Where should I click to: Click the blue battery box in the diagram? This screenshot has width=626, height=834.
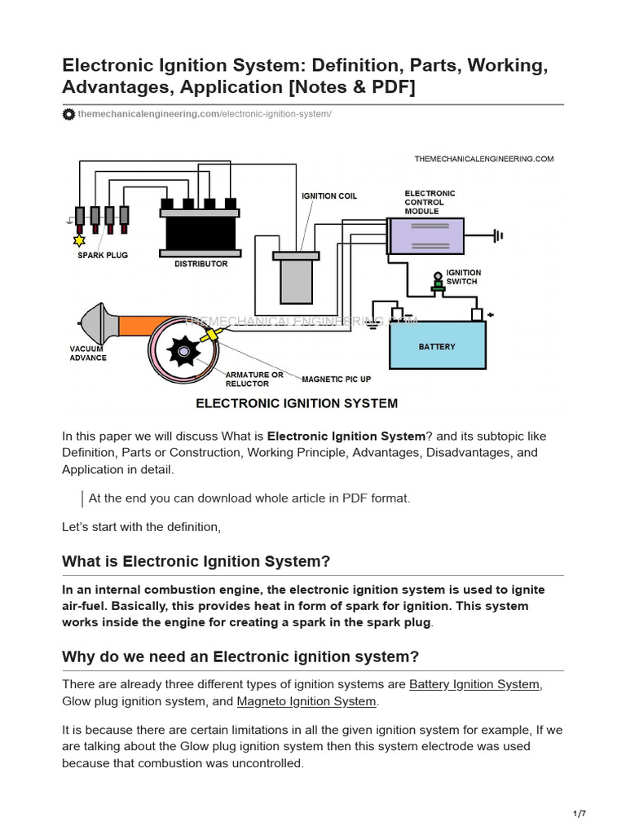pos(437,345)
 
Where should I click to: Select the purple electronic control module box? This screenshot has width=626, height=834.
pos(426,235)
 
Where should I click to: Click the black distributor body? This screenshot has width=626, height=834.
pos(201,232)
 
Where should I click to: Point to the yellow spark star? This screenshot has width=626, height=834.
pos(79,240)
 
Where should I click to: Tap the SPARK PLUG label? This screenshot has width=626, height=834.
pos(103,256)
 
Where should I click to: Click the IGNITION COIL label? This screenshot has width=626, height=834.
pos(328,196)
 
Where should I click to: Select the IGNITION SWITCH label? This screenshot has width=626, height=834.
pos(463,277)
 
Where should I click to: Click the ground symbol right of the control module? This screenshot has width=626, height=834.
pos(496,236)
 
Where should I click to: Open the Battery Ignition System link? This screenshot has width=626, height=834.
pos(474,684)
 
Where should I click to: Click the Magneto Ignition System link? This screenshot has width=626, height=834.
pos(306,701)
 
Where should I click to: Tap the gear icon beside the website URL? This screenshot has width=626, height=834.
pos(69,114)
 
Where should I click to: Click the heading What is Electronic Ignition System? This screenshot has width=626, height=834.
pos(196,561)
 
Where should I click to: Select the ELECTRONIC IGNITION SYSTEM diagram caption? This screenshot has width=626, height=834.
pos(296,403)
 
